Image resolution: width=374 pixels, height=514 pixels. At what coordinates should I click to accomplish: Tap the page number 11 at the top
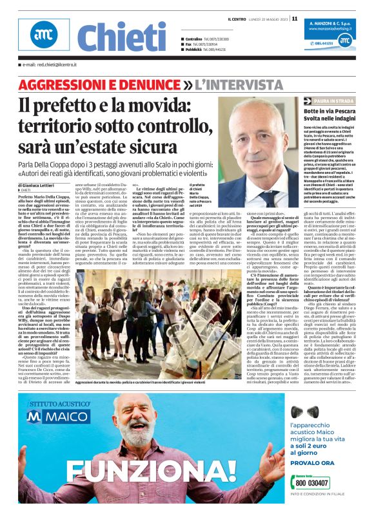coord(294,18)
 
